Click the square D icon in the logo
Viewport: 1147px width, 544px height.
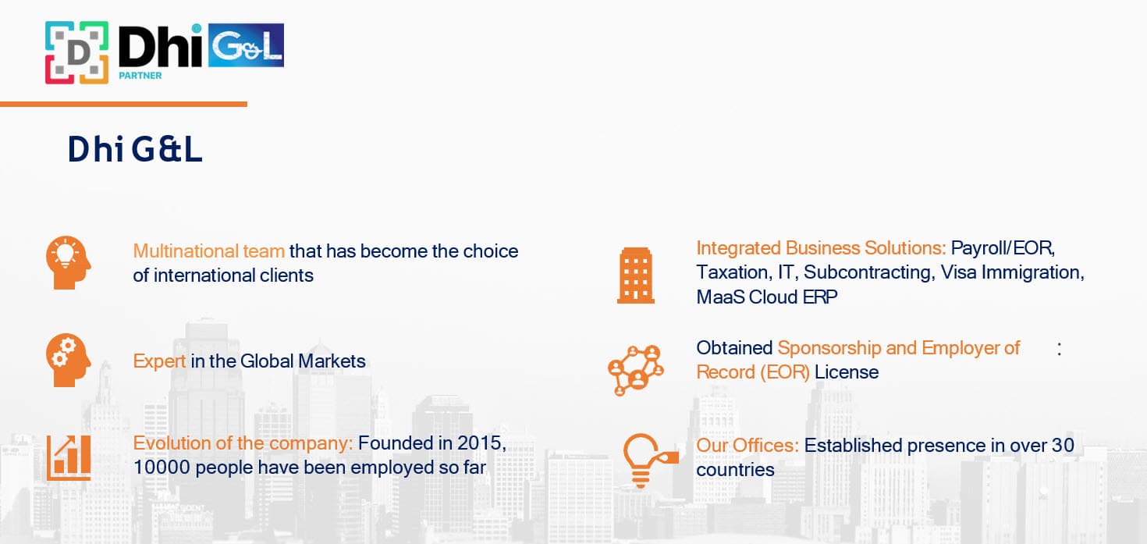point(76,52)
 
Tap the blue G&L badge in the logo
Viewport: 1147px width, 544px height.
point(246,45)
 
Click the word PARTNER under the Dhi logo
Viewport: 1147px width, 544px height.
point(140,76)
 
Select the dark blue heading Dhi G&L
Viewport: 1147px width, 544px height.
point(135,149)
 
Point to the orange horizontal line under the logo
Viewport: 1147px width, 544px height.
point(123,104)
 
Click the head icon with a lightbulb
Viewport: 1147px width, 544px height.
point(68,262)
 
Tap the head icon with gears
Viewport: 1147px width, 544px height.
point(68,360)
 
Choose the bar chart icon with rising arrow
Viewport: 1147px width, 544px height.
point(69,458)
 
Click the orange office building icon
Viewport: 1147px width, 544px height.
point(635,276)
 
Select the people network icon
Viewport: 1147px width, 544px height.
point(635,370)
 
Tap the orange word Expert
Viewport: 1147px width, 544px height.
point(159,361)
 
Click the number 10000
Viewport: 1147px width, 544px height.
point(162,468)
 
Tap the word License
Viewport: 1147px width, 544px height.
point(847,372)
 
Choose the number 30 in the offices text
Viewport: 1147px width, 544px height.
point(1063,446)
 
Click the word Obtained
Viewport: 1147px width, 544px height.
point(734,348)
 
